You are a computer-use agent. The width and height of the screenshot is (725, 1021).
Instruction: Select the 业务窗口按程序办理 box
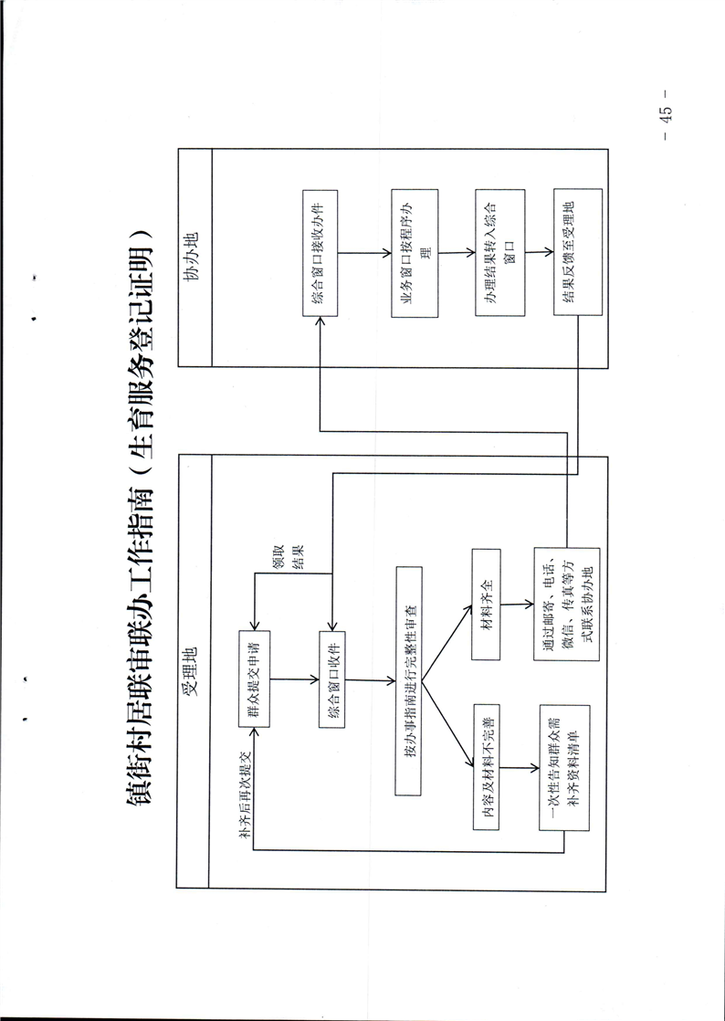pos(414,253)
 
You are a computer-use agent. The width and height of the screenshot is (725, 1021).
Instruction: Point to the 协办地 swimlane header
pos(194,262)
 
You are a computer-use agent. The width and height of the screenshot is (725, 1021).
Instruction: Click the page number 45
pos(666,114)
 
